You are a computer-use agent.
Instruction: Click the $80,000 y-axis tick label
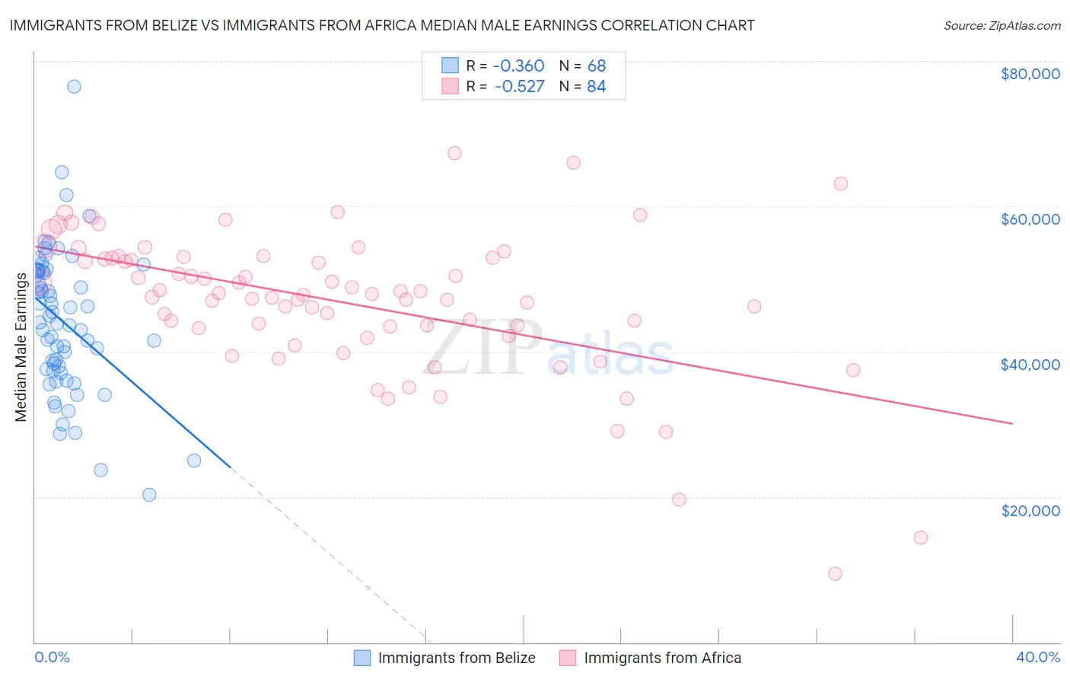coord(1030,74)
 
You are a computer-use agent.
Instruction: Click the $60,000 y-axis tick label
coord(1030,219)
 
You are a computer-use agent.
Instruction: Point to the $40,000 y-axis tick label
coord(1030,365)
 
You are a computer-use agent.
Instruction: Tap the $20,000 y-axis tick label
coord(1030,510)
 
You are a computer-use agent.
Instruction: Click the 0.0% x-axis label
coord(52,657)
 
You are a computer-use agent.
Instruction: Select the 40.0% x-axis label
coord(1037,657)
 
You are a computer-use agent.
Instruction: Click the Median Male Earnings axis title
coord(21,346)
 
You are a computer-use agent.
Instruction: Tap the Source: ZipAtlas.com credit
coord(1002,26)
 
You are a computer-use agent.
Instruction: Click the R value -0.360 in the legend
coord(519,66)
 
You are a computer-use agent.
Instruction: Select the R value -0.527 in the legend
coord(519,87)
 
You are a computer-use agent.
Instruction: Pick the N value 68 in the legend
coord(597,66)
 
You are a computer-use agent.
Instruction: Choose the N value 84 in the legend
coord(597,87)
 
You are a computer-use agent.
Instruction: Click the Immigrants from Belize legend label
coord(457,658)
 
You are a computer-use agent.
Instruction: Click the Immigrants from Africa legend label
coord(662,658)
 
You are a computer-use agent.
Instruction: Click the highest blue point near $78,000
coord(74,86)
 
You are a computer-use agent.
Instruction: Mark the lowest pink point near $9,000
coord(835,574)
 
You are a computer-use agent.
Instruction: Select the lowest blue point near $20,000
coord(149,495)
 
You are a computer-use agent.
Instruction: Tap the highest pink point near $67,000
coord(454,153)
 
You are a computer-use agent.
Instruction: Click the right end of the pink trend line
coord(1012,423)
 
